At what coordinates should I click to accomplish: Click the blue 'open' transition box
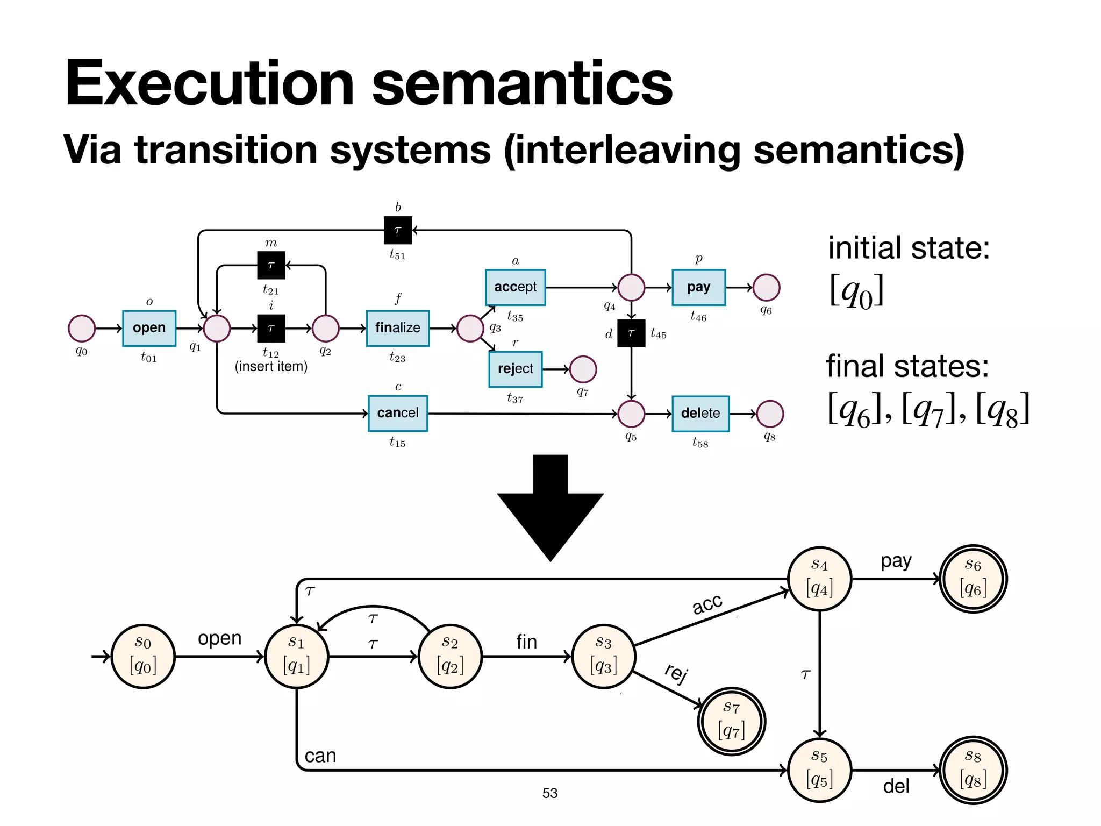click(x=149, y=328)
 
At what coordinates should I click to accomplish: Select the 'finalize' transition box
click(x=398, y=328)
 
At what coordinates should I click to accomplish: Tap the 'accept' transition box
click(x=515, y=287)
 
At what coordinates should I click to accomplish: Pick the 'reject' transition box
click(x=515, y=369)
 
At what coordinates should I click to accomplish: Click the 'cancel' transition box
click(x=398, y=413)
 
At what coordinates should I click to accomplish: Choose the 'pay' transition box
click(x=698, y=287)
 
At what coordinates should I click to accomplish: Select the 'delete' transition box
click(x=700, y=413)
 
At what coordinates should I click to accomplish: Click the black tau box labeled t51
click(x=398, y=230)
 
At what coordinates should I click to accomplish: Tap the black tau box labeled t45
click(x=631, y=333)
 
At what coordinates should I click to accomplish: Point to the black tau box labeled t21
click(x=271, y=265)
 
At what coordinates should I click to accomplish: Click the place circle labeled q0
click(x=82, y=328)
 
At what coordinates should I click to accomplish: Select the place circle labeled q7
click(x=583, y=369)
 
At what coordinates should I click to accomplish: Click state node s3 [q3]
click(x=604, y=656)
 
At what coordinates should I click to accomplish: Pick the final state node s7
click(x=731, y=721)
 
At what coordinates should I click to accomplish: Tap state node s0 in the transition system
click(x=143, y=656)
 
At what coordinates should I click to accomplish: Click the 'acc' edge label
click(x=707, y=604)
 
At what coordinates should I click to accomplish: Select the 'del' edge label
click(x=896, y=786)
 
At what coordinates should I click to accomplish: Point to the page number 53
click(x=549, y=793)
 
